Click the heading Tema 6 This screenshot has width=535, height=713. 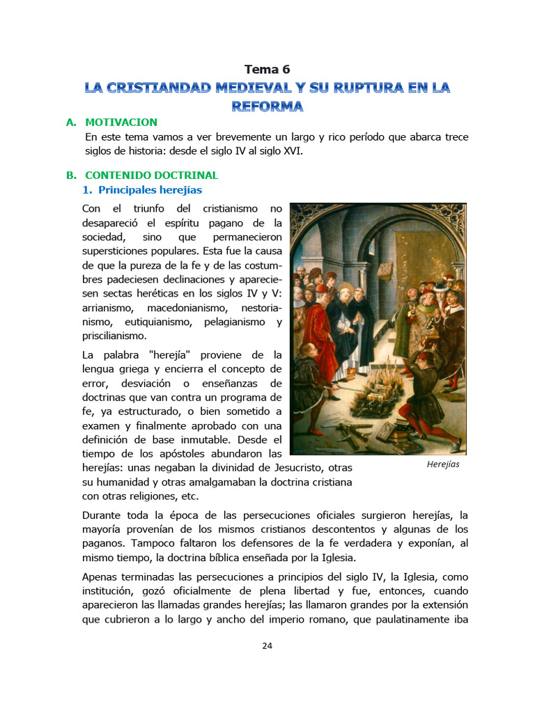point(267,69)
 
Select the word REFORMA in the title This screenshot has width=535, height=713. point(267,107)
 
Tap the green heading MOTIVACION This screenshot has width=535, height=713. point(121,123)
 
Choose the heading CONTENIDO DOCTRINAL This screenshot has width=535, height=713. point(151,175)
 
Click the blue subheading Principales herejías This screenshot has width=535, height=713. point(150,189)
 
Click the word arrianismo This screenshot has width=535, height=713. point(111,307)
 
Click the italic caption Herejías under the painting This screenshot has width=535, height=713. point(443,464)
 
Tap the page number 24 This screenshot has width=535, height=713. point(267,645)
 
